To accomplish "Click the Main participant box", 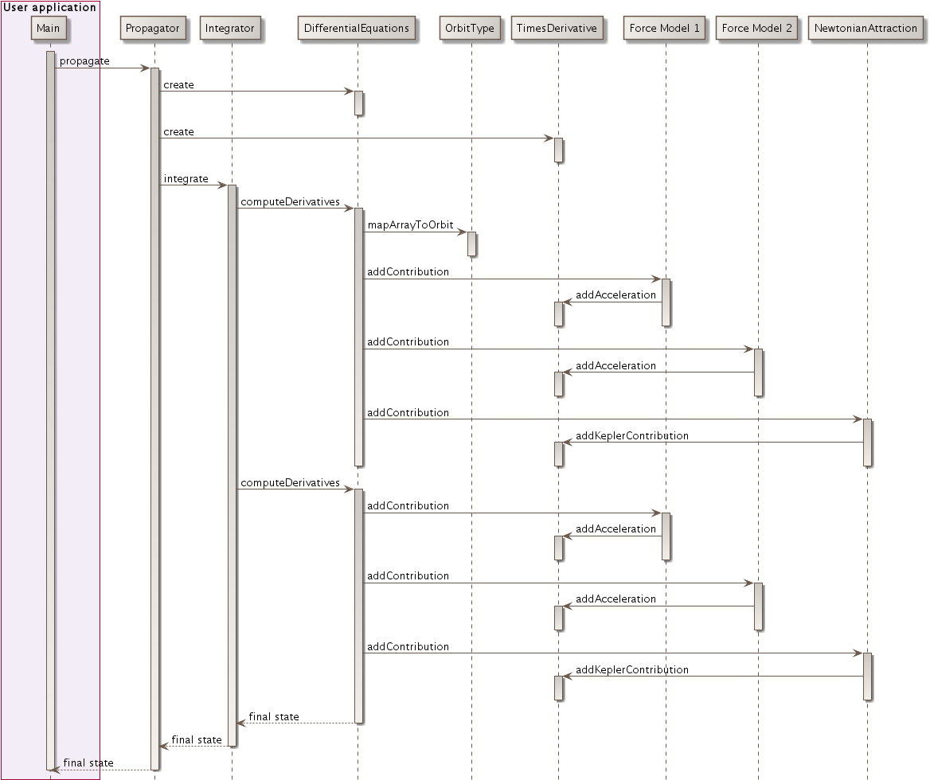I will click(49, 29).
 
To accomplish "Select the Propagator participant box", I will click(154, 29).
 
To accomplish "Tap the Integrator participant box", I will click(229, 29).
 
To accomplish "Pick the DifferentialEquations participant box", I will click(357, 29).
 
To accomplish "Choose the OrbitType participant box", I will click(470, 29).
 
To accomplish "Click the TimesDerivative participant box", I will click(557, 29).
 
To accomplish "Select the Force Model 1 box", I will click(665, 29).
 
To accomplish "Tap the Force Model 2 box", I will click(757, 29).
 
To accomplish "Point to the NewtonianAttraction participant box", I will click(866, 29).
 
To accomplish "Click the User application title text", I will click(49, 8).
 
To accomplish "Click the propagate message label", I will click(84, 61).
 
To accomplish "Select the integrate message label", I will click(186, 179).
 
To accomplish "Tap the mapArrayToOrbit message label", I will click(410, 225).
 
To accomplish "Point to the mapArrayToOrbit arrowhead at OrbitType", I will click(462, 232).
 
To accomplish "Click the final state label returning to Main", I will click(88, 763).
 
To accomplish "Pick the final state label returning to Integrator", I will click(274, 717).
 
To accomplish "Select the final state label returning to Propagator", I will click(197, 740).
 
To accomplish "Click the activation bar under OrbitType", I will click(471, 244).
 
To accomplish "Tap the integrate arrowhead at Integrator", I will click(223, 185).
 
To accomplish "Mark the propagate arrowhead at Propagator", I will click(146, 68).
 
